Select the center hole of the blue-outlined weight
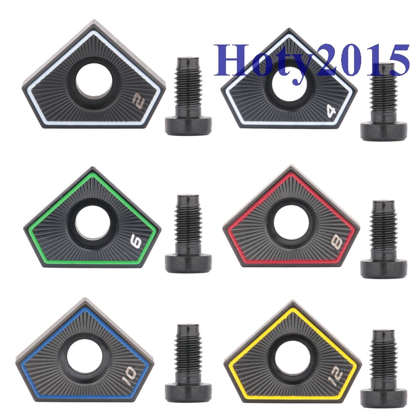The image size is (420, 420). [x=84, y=357]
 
